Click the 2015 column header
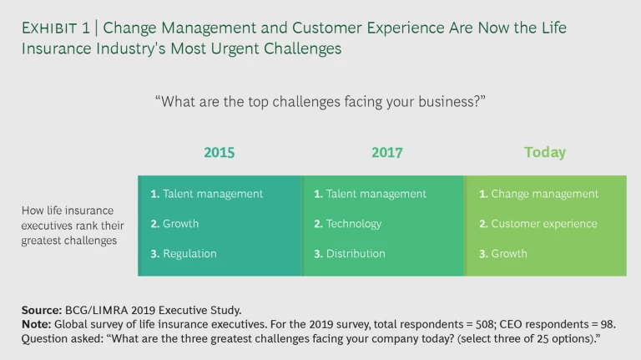click(219, 153)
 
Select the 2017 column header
click(387, 153)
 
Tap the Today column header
click(545, 153)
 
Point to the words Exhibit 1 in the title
click(56, 28)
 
